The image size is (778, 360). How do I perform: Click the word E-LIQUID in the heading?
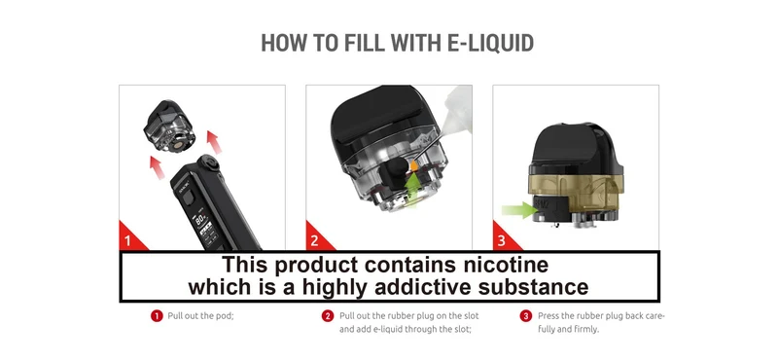pyautogui.click(x=490, y=43)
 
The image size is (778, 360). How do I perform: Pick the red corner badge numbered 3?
pyautogui.click(x=503, y=237)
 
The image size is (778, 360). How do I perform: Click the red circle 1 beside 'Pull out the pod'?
pyautogui.click(x=157, y=316)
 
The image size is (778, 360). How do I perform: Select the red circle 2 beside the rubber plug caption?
pyautogui.click(x=328, y=316)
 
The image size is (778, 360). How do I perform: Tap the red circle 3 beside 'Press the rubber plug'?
pyautogui.click(x=526, y=316)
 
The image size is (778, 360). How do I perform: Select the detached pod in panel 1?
pyautogui.click(x=168, y=126)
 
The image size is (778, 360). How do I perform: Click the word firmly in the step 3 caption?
pyautogui.click(x=587, y=329)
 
